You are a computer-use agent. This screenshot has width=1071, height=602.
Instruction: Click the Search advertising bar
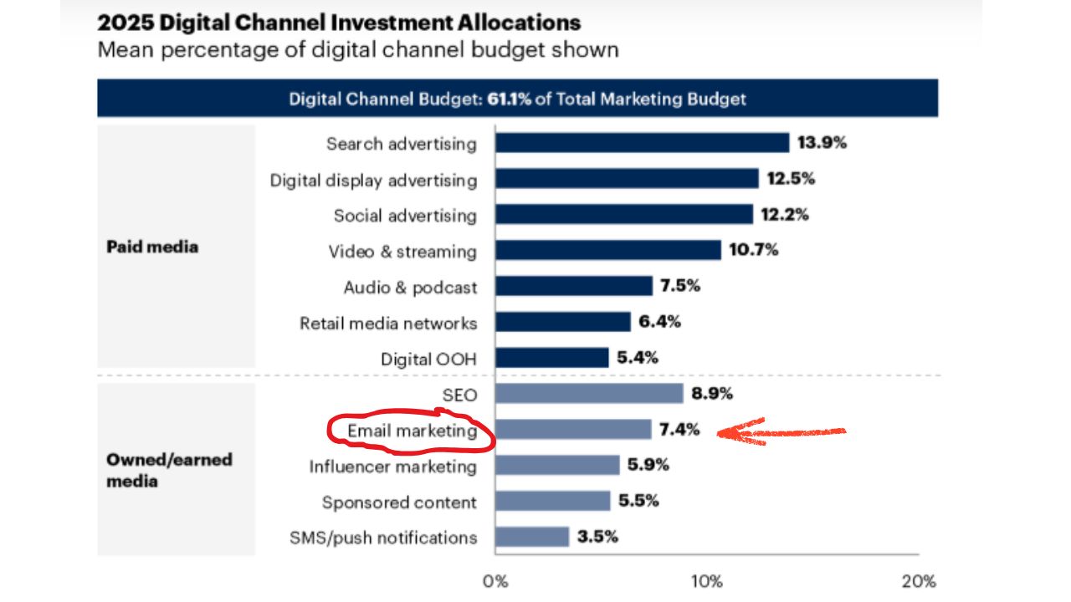pos(642,143)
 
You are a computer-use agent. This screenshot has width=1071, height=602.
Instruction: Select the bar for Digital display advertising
pos(627,179)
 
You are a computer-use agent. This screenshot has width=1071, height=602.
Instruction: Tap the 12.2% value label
pos(785,215)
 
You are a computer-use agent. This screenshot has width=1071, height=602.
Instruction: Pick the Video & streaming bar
pos(607,250)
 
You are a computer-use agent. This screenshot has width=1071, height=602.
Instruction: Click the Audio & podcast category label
pos(410,287)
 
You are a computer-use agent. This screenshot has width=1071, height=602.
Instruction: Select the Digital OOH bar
pos(551,358)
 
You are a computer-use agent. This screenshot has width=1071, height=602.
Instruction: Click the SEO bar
pos(589,394)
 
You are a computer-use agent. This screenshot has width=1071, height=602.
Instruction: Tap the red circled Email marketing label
pos(412,431)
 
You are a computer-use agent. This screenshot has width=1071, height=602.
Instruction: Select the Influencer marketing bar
pos(557,466)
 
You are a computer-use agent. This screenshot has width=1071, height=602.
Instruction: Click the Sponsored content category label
pos(399,502)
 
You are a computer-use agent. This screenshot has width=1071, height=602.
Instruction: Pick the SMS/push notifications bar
pos(532,537)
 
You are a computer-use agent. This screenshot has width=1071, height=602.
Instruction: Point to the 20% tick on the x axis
pos(919,581)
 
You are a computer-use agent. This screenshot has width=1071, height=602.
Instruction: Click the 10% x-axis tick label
pos(707,581)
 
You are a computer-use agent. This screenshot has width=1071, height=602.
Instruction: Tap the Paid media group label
pos(152,247)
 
